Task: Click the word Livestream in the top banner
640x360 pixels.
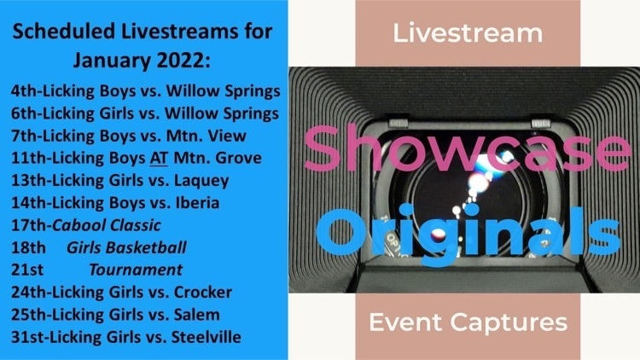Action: click(468, 33)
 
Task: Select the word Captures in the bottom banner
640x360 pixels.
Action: click(509, 323)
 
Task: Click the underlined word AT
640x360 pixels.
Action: click(159, 158)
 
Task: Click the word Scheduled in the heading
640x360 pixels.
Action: click(64, 31)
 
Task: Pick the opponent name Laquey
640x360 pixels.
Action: click(201, 181)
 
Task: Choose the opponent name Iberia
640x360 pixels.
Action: click(197, 202)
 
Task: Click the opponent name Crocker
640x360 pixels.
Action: click(203, 292)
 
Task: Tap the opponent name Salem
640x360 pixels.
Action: click(197, 314)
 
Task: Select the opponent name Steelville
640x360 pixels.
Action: click(207, 337)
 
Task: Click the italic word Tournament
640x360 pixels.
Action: click(136, 270)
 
